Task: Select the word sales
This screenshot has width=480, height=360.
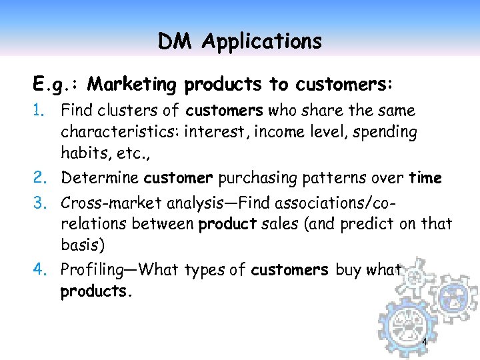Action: pos(279,224)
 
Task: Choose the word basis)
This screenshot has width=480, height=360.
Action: pos(83,245)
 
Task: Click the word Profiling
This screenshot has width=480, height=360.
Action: pos(93,270)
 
